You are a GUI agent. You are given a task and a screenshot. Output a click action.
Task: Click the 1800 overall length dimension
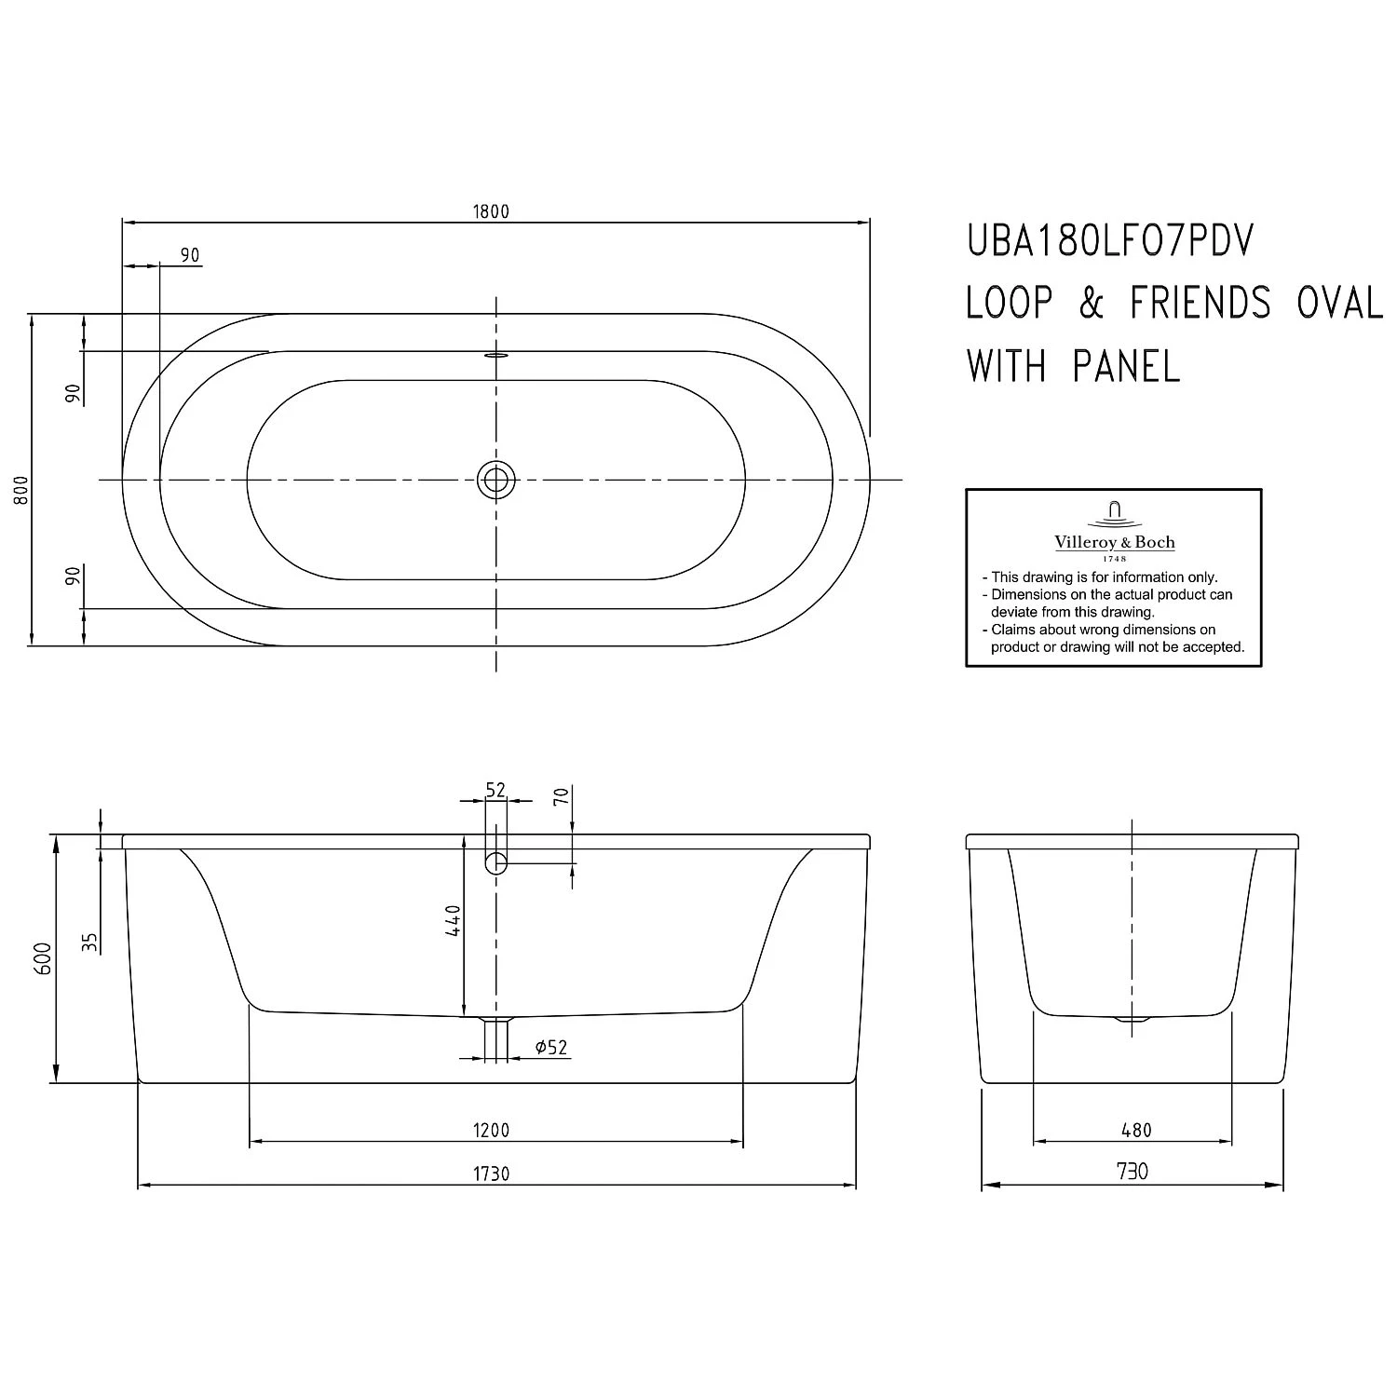click(491, 211)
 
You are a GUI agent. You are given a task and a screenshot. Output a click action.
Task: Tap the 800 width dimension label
click(21, 489)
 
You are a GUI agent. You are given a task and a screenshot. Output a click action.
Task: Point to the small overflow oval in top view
click(495, 354)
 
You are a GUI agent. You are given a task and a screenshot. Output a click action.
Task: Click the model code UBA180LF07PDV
click(1110, 242)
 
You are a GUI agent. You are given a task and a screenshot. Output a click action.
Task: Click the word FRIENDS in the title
click(1200, 304)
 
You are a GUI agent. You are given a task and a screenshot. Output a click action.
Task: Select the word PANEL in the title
click(1126, 366)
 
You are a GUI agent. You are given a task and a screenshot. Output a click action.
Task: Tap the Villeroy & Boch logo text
click(1114, 542)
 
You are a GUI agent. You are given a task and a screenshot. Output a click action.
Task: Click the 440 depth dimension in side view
click(453, 920)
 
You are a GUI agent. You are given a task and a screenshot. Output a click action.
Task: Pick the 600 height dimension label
click(43, 957)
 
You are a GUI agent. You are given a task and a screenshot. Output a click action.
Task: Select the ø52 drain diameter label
click(551, 1048)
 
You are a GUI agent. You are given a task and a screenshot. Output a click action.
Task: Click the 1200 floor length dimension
click(491, 1130)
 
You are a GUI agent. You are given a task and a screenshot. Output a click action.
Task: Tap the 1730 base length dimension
click(491, 1173)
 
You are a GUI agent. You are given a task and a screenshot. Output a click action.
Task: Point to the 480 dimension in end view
click(1136, 1130)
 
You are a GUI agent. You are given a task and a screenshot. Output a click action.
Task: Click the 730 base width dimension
click(1132, 1172)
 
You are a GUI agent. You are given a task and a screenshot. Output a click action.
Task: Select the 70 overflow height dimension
click(561, 797)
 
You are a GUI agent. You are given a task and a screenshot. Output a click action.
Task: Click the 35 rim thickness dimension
click(89, 942)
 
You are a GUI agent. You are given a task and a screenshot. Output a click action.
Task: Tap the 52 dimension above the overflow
click(495, 790)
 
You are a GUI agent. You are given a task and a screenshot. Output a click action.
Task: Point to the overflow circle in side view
click(495, 862)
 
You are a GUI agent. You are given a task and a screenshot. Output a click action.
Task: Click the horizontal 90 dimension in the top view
click(190, 255)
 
